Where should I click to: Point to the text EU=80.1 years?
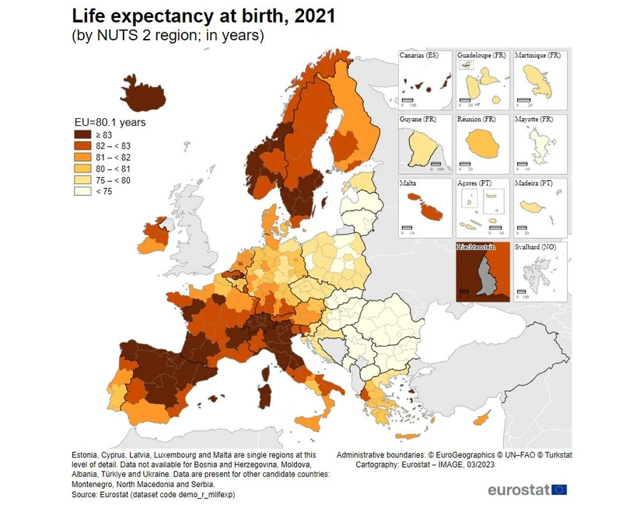(110, 122)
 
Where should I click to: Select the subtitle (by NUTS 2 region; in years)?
(167, 35)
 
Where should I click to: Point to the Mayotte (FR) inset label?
(535, 120)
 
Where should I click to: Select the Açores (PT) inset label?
(477, 183)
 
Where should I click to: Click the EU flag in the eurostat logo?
(558, 489)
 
